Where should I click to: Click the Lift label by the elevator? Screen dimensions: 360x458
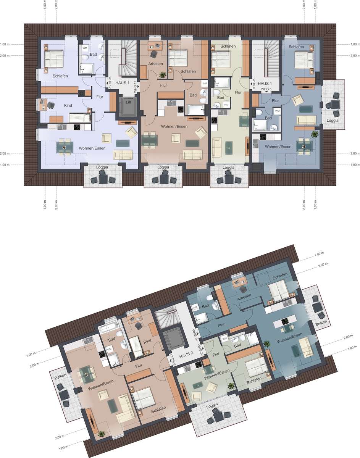point(128,102)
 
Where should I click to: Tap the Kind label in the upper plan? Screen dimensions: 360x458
point(68,105)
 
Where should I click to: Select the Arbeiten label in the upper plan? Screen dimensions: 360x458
point(155,64)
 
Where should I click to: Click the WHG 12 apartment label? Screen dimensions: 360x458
point(110,83)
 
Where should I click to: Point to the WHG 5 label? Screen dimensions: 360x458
point(266,89)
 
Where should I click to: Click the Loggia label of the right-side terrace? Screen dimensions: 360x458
point(333,120)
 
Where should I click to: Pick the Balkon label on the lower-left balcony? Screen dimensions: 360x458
point(60,376)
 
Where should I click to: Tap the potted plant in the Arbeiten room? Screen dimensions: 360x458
point(163,75)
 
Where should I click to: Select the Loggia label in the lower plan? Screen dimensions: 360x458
point(212,405)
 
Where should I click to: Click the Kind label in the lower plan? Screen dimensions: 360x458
point(147,341)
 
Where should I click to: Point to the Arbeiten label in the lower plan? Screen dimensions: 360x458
point(244,297)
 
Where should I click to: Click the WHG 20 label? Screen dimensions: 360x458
point(200,350)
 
